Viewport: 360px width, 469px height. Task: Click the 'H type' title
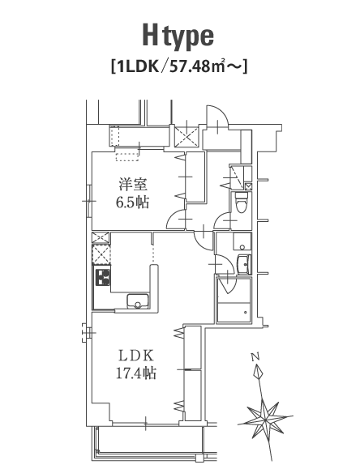click(178, 36)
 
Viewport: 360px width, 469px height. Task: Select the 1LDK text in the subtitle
click(138, 67)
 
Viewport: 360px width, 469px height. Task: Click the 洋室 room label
click(133, 184)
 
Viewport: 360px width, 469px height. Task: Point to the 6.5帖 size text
click(133, 203)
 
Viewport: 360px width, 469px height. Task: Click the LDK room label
click(136, 356)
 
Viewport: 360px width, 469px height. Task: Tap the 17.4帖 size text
click(136, 373)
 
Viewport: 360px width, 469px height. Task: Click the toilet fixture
click(241, 203)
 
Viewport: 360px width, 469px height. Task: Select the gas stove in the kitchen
click(103, 277)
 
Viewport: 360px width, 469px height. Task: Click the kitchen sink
click(138, 301)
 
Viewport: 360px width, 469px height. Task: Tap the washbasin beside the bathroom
click(243, 264)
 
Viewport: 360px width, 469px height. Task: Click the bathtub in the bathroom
click(234, 313)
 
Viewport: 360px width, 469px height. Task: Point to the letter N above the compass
click(255, 356)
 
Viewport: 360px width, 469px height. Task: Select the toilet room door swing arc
click(221, 220)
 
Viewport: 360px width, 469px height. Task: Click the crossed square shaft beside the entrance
click(186, 137)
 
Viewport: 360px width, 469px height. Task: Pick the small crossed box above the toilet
click(248, 186)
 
